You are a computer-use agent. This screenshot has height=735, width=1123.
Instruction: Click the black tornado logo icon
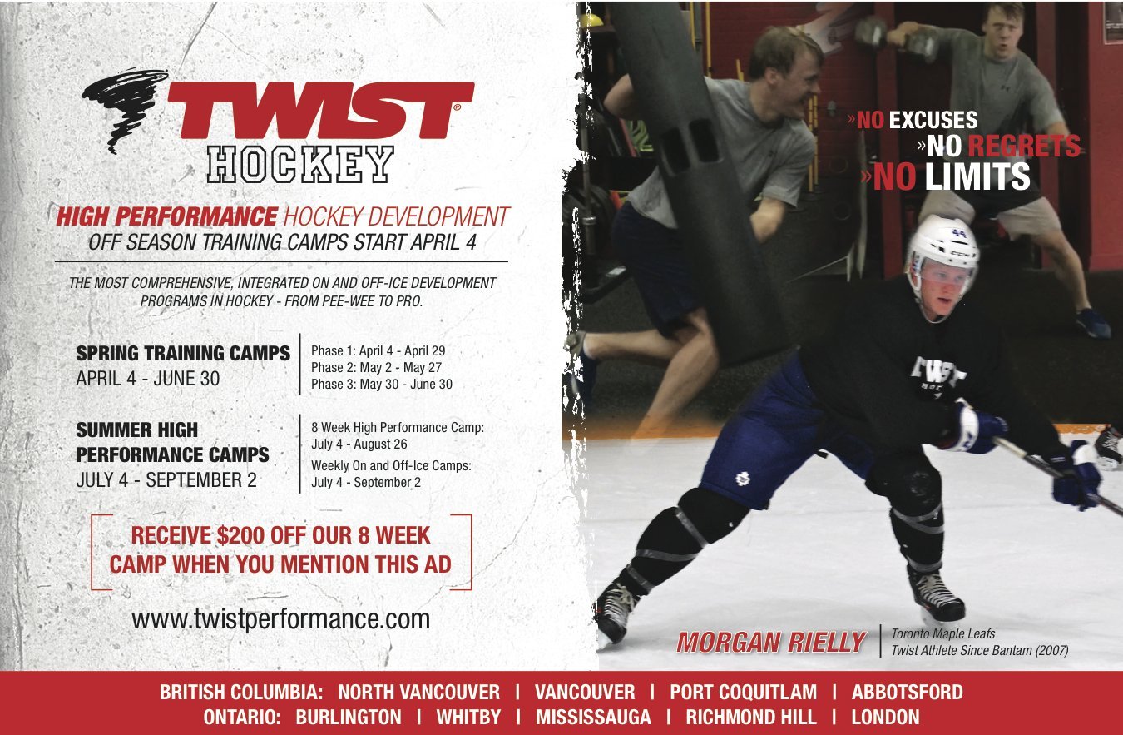pyautogui.click(x=126, y=108)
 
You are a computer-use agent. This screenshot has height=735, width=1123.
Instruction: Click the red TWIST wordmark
pyautogui.click(x=321, y=110)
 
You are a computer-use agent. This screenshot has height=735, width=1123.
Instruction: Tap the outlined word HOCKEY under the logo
pyautogui.click(x=300, y=164)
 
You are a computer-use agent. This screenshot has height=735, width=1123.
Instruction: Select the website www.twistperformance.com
pyautogui.click(x=281, y=619)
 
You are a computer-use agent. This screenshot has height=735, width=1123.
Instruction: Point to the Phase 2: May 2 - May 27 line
pyautogui.click(x=376, y=367)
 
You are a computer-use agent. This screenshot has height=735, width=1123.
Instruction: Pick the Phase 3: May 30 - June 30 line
pyautogui.click(x=382, y=384)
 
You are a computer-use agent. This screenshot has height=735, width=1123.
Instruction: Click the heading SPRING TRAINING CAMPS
pyautogui.click(x=183, y=353)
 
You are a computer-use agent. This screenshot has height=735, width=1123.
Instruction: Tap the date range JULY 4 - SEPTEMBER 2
pyautogui.click(x=166, y=480)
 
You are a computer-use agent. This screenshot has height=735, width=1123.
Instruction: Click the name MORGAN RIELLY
pyautogui.click(x=771, y=642)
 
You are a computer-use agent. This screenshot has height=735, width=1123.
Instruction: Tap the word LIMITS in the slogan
pyautogui.click(x=977, y=176)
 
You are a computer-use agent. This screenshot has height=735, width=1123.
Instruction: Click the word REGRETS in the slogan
pyautogui.click(x=1023, y=146)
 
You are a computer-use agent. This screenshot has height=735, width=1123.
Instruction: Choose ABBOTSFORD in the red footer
pyautogui.click(x=907, y=692)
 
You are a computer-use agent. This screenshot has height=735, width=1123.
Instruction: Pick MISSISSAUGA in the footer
pyautogui.click(x=593, y=717)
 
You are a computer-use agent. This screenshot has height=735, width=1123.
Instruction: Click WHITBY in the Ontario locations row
pyautogui.click(x=468, y=717)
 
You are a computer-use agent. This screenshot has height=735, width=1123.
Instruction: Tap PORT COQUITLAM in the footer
pyautogui.click(x=743, y=692)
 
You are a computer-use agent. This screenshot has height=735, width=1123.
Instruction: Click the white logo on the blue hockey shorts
pyautogui.click(x=742, y=478)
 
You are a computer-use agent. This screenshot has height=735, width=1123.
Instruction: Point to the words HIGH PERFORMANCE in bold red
pyautogui.click(x=166, y=216)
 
